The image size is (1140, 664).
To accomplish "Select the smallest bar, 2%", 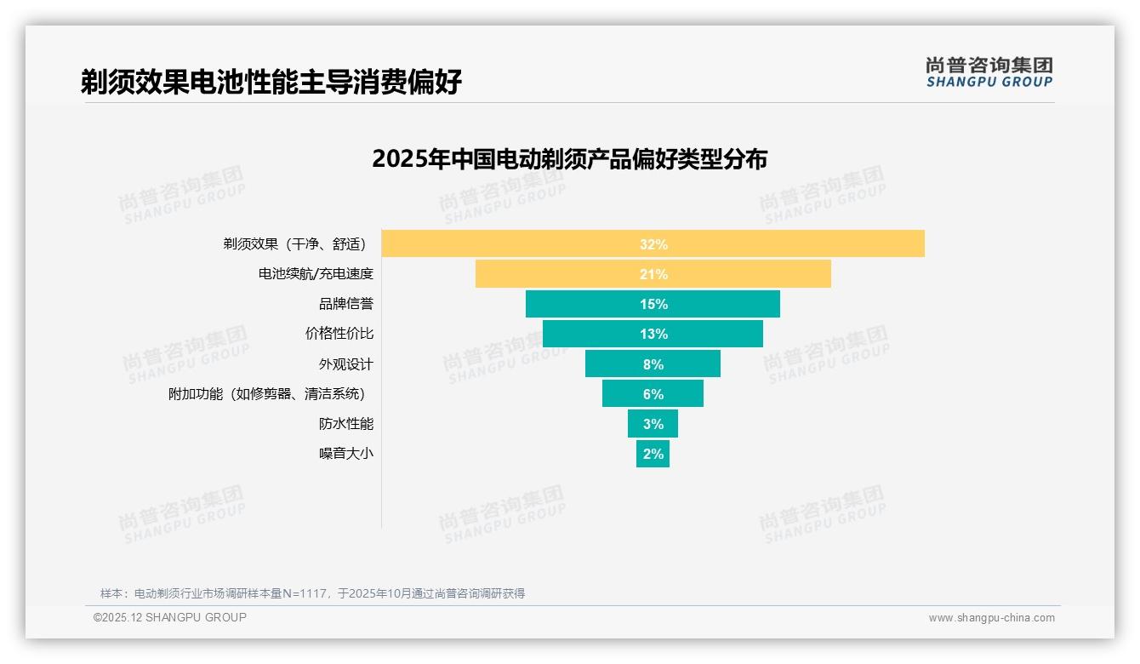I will (653, 454).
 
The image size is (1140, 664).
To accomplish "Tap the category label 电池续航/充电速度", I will (316, 274).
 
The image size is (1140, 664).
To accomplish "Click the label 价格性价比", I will (339, 334).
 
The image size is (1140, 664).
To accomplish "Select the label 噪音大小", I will (345, 454).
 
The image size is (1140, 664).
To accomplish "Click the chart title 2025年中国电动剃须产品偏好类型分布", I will (569, 159).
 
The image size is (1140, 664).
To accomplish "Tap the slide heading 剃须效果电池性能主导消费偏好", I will (271, 82).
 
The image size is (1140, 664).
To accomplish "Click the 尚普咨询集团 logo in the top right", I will (989, 72).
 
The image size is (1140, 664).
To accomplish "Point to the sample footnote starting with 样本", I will (312, 593).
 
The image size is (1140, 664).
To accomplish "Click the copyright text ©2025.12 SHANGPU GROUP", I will (170, 617).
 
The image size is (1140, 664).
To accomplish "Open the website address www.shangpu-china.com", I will (991, 618).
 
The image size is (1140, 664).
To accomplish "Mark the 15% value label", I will (653, 304).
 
